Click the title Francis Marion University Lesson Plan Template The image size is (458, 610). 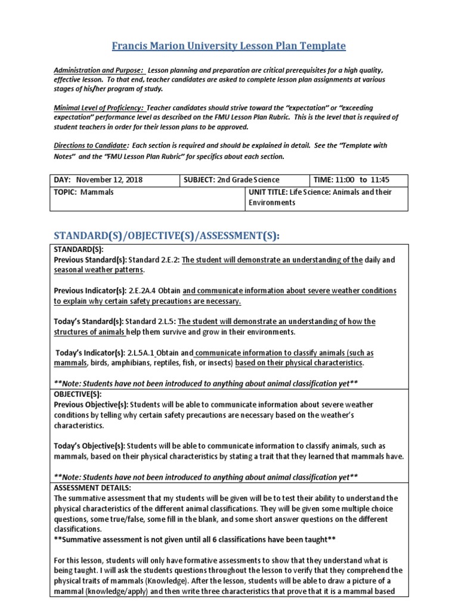[x=229, y=46]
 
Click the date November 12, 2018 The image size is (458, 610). [x=110, y=180]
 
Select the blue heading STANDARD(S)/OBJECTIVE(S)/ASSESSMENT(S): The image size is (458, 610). [x=166, y=236]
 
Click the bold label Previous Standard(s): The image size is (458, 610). [x=91, y=260]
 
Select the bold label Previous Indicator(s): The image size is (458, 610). [x=90, y=291]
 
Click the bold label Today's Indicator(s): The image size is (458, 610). [x=91, y=352]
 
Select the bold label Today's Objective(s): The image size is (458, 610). [x=90, y=446]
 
